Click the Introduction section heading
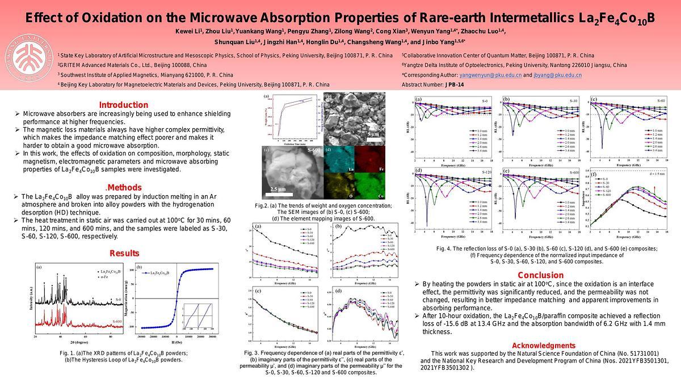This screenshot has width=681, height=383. (123, 105)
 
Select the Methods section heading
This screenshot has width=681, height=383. (124, 188)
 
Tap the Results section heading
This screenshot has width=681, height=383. (124, 253)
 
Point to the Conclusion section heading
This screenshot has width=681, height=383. (540, 275)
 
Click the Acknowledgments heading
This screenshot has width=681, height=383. (543, 346)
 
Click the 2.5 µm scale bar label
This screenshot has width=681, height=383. (278, 189)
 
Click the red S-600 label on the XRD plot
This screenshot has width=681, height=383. (117, 322)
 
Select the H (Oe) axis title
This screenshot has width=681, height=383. (176, 342)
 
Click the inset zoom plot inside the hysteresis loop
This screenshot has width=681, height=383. (197, 316)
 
